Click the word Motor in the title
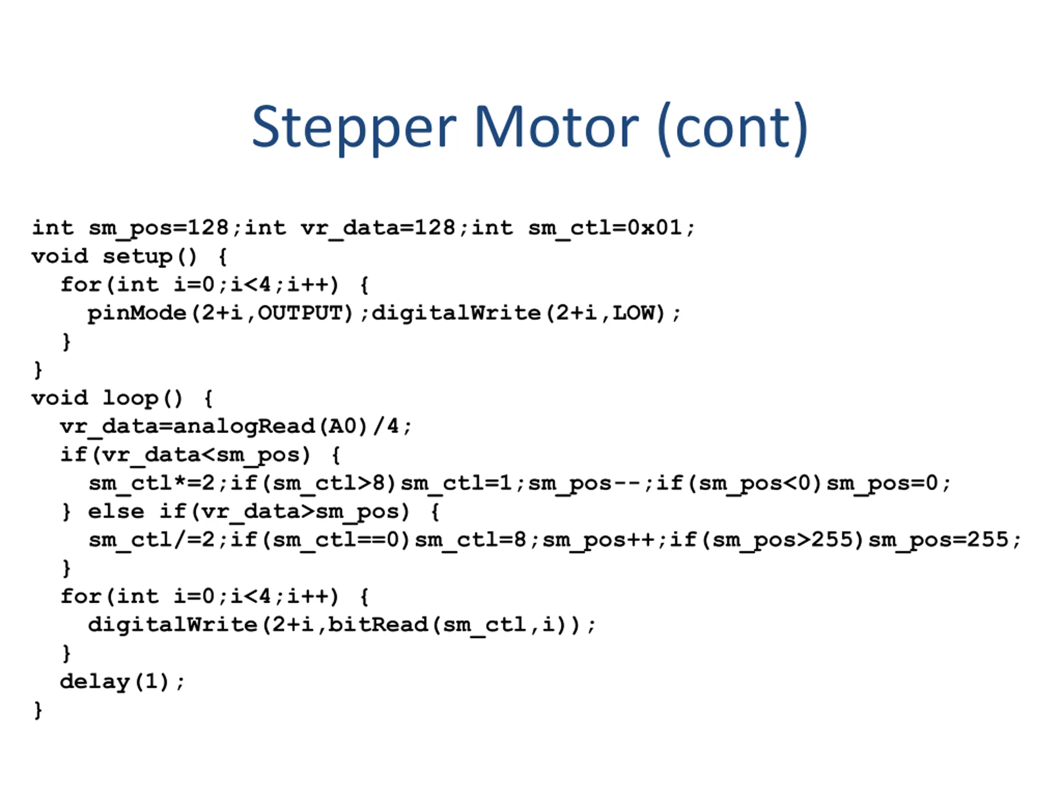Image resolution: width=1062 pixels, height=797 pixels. (556, 127)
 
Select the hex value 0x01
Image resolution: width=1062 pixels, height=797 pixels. (654, 227)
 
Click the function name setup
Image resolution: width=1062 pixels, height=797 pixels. (137, 256)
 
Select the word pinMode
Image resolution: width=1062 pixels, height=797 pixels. (137, 313)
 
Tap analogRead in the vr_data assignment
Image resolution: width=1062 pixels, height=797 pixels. (244, 427)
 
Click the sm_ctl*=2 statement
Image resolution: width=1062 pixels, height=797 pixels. (151, 483)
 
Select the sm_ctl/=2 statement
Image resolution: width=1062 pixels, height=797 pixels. (151, 540)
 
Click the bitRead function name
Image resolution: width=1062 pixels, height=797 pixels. (378, 625)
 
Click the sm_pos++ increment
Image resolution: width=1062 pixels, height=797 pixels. (598, 540)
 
